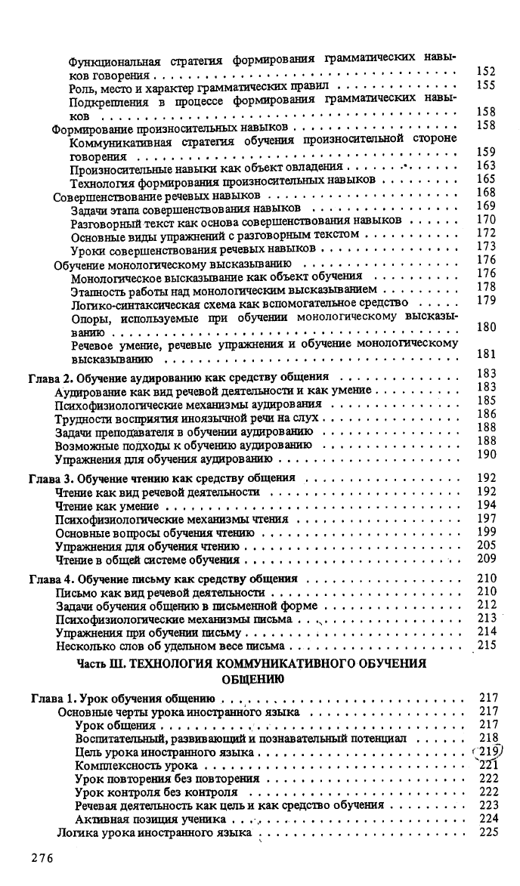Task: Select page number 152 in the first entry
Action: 487,72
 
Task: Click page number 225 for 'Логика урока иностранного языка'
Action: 487,832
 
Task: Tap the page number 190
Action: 487,454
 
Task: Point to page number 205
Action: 487,545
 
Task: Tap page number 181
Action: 487,353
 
